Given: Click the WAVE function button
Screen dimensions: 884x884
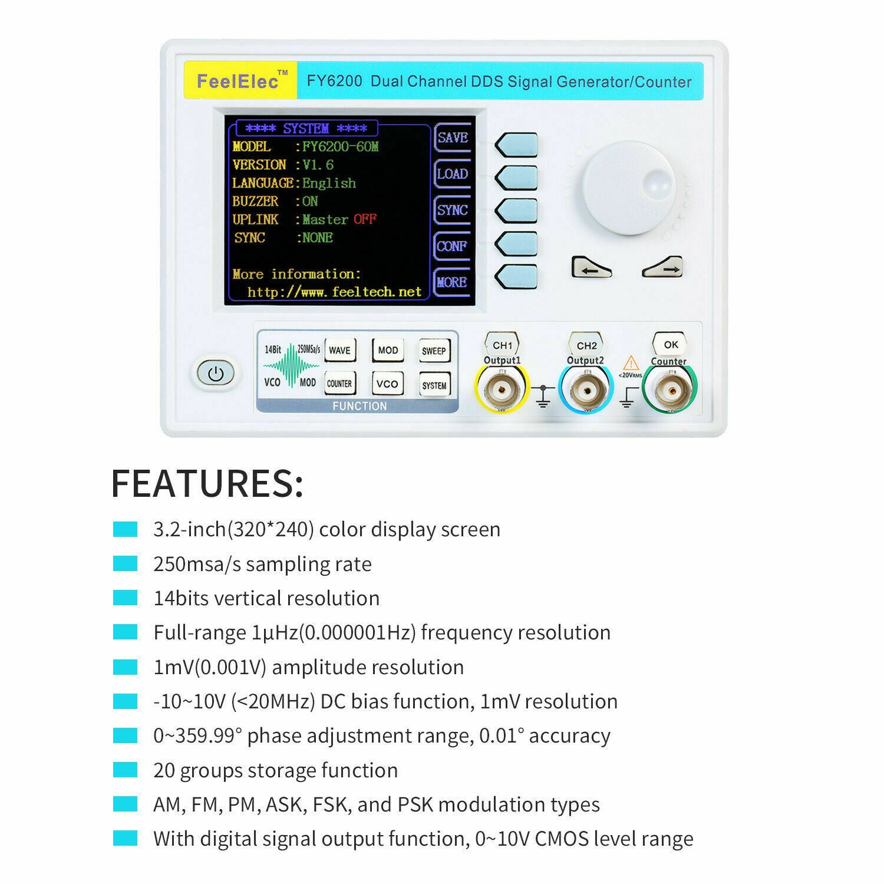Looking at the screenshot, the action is tap(339, 350).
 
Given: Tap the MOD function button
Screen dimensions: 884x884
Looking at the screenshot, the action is tap(388, 350).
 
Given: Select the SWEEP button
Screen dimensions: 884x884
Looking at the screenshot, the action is tap(434, 351).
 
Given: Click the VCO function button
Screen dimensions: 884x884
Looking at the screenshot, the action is tap(387, 384).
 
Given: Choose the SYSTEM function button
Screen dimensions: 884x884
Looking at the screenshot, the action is tap(434, 385).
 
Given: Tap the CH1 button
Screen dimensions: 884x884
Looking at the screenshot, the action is tap(502, 345).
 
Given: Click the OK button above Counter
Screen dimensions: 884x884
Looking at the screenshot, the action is tap(671, 344).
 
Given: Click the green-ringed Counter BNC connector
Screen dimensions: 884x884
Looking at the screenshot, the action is tap(669, 390).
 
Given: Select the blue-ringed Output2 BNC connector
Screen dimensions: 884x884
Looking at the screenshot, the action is tap(586, 390).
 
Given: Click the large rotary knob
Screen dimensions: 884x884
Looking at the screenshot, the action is tap(629, 188).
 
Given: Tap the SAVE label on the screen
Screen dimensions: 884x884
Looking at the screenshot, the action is tap(453, 137).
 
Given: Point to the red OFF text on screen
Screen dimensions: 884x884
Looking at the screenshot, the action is tap(365, 219).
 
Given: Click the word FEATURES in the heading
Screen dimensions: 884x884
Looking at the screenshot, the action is tap(207, 483).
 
